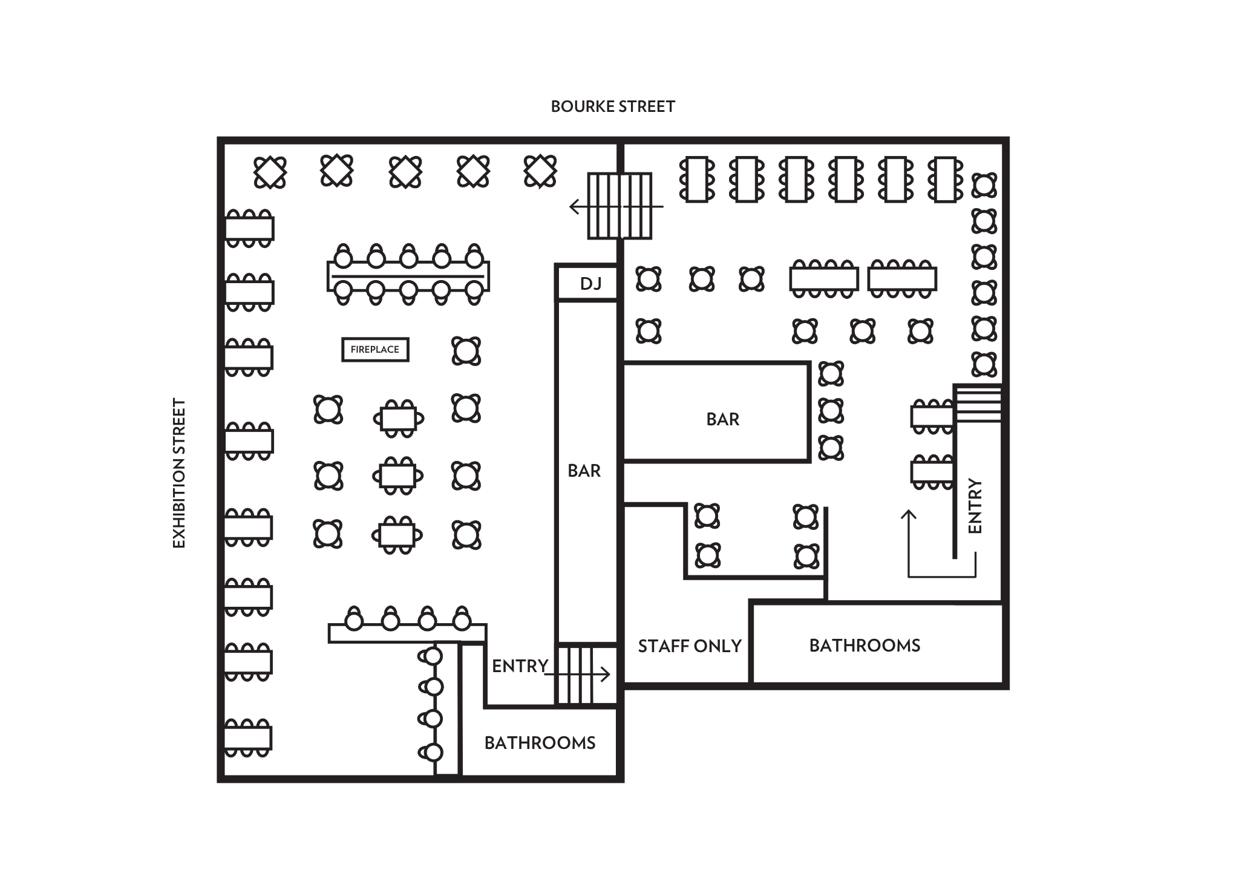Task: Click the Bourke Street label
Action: tap(612, 106)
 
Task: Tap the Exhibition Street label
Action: tap(179, 473)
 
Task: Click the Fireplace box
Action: tap(375, 350)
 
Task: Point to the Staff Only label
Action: tap(690, 646)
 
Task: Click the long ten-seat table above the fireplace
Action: tap(408, 275)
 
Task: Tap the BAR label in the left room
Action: tap(584, 471)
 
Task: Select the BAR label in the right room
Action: tap(722, 419)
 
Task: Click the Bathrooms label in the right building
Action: tap(865, 646)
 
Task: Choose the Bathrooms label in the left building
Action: tap(540, 743)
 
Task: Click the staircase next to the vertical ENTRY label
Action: tap(978, 404)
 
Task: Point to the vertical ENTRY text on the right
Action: tap(975, 506)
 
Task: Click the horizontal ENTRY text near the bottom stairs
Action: tap(520, 666)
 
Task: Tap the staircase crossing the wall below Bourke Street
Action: tap(619, 206)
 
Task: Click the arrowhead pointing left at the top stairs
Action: tap(574, 207)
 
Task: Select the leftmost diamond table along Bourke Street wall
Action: tap(270, 172)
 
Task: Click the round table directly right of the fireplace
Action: tap(466, 351)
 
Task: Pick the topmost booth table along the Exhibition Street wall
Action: tap(249, 229)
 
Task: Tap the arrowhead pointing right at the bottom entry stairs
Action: tap(606, 674)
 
